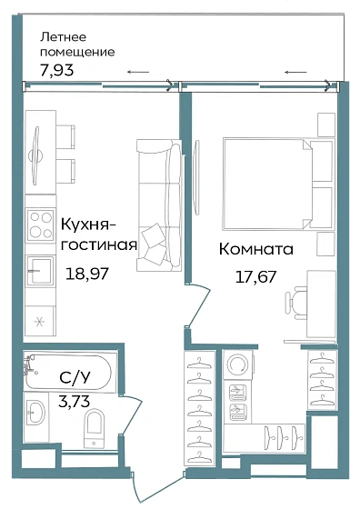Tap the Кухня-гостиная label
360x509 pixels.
click(x=98, y=234)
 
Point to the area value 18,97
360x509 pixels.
click(x=85, y=271)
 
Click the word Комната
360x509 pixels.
click(x=256, y=248)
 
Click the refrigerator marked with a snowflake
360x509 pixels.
click(x=39, y=321)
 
